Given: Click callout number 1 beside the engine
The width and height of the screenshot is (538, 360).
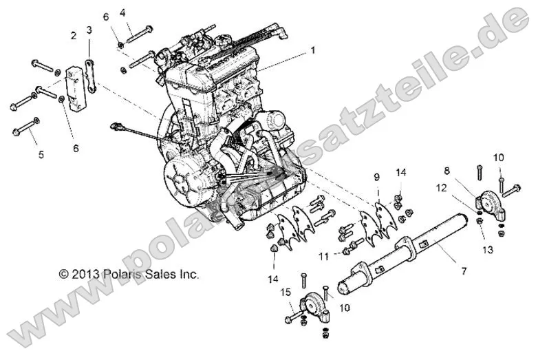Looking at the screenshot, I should [x=312, y=50].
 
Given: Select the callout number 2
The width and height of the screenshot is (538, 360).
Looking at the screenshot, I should [x=73, y=35].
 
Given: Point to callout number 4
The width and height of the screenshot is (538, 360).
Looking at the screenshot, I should [x=122, y=12].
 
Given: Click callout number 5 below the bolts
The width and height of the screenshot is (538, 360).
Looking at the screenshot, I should [x=41, y=156].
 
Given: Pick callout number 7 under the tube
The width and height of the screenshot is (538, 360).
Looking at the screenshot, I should [x=463, y=272].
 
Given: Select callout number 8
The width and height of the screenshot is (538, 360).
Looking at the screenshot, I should [x=466, y=169].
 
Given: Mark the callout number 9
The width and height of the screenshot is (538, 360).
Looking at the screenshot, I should [x=376, y=178].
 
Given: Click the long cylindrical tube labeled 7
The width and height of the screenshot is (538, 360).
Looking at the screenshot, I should [x=406, y=255].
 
